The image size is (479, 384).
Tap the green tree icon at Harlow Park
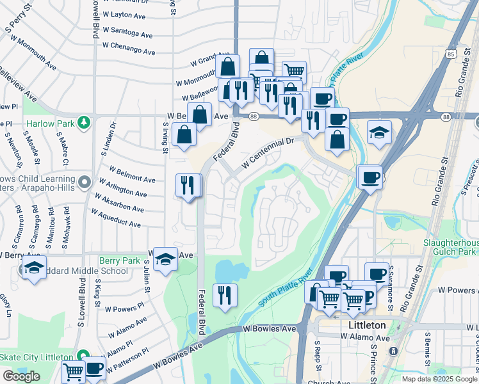click(x=83, y=122)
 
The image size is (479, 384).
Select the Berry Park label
click(x=120, y=261)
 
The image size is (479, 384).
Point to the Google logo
click(x=21, y=376)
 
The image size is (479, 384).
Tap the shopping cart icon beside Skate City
click(x=74, y=371)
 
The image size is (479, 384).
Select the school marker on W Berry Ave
click(x=166, y=259)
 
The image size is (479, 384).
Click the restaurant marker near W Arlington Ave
click(x=188, y=186)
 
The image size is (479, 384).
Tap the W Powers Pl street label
click(x=129, y=309)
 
